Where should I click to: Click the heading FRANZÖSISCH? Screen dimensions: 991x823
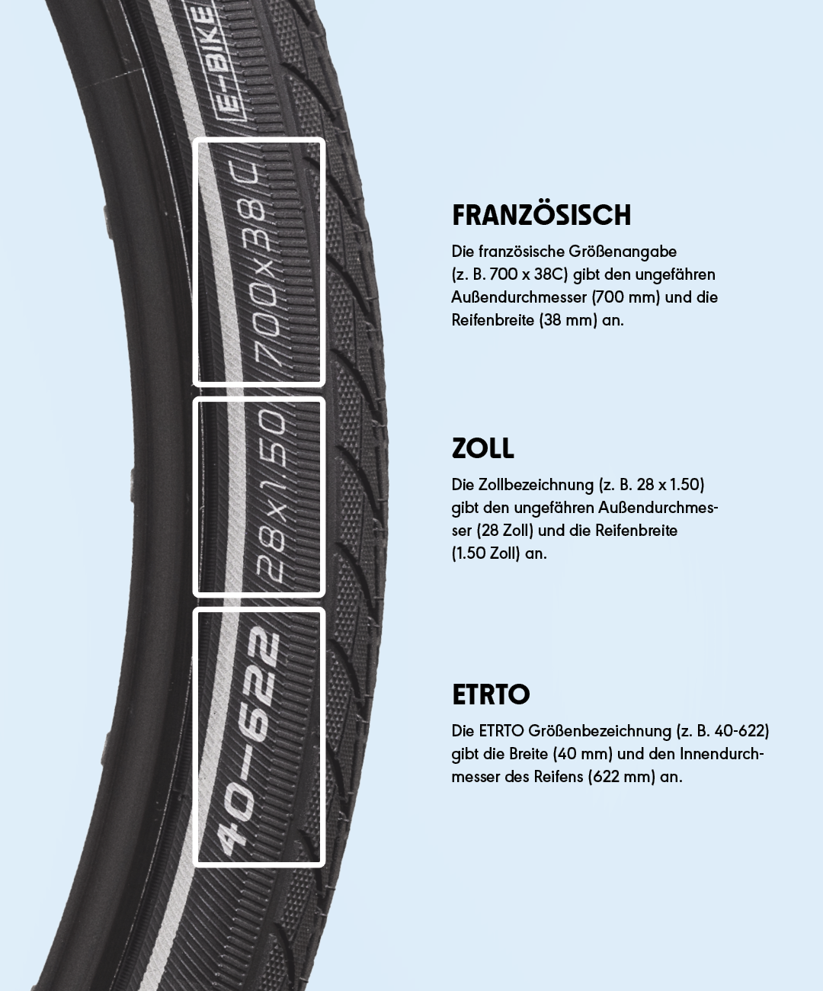coord(541,215)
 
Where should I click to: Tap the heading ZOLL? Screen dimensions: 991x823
coord(482,448)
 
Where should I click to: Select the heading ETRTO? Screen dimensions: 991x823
coord(491,694)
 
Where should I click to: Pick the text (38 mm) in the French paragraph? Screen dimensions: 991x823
coord(568,320)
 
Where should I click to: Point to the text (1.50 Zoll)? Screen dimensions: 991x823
coord(485,553)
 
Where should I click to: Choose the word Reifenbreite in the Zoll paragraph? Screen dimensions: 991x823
coord(636,531)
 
